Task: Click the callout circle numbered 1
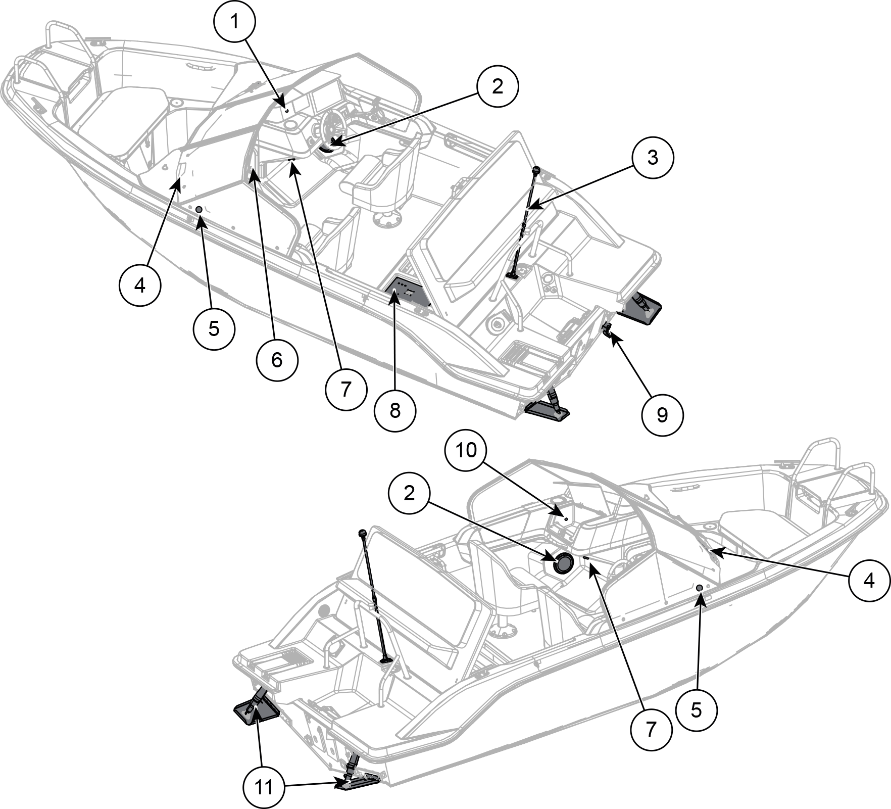(234, 22)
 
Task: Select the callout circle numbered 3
(653, 157)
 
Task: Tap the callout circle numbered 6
(277, 360)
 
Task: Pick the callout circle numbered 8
(395, 410)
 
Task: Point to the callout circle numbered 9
(662, 415)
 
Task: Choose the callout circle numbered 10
(466, 450)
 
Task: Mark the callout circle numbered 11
(264, 787)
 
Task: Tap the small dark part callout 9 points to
(607, 330)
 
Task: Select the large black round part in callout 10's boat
(564, 562)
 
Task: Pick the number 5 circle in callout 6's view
(214, 328)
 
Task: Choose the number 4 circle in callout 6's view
(140, 285)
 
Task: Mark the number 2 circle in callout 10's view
(409, 493)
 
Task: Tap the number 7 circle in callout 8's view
(346, 389)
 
